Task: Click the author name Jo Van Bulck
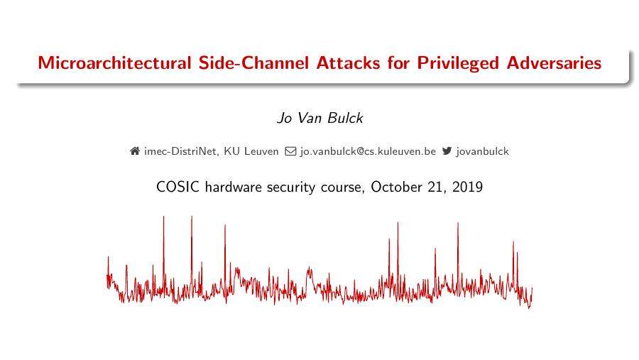coord(319,119)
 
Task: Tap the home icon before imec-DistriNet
coord(135,151)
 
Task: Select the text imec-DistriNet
coord(180,151)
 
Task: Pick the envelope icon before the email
coord(290,151)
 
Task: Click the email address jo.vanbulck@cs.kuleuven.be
coord(368,151)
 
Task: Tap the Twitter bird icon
coord(447,151)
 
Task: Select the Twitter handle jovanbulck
coord(483,151)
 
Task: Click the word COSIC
coord(177,187)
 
